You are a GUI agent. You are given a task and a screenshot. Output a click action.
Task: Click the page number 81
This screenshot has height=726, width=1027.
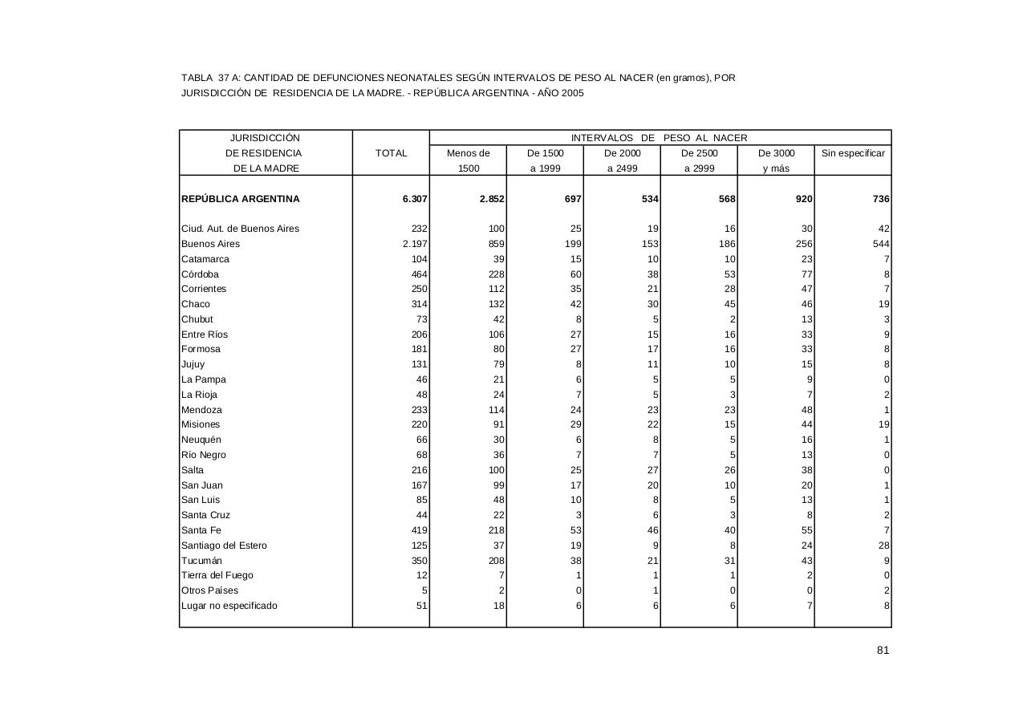point(883,651)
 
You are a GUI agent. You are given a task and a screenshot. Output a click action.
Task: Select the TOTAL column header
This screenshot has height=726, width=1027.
point(391,153)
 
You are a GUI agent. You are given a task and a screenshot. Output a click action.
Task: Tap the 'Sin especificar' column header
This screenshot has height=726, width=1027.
point(853,153)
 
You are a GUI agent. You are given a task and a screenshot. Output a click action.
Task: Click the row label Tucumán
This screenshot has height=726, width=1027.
point(201,561)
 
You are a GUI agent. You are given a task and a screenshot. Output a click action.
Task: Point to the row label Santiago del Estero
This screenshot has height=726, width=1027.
point(224,546)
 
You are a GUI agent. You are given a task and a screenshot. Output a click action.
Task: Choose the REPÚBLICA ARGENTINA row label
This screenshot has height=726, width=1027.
point(240,199)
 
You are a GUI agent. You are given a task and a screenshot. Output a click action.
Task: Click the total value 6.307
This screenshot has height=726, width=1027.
point(415,199)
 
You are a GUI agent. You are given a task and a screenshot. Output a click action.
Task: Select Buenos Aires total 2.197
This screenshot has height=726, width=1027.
point(415,244)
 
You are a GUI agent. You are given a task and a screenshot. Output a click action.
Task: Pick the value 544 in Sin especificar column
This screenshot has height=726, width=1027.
point(881,244)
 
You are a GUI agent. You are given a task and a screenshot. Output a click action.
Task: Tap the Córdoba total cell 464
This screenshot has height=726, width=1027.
point(419,274)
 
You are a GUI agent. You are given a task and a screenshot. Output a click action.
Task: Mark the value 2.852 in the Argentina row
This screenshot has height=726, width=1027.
point(492,199)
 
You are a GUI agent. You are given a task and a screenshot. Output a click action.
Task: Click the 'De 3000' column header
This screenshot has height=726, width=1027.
point(776,153)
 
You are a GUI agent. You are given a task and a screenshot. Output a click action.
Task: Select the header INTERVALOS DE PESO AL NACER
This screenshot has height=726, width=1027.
point(659,138)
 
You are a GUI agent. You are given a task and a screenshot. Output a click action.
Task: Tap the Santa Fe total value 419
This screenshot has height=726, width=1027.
point(419,530)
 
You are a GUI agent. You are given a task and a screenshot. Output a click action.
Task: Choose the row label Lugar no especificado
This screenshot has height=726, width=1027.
point(229,606)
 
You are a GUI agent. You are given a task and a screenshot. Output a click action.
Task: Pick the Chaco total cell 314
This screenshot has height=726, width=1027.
point(419,304)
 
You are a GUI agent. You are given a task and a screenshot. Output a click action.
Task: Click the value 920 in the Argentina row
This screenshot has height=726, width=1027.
point(804,199)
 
